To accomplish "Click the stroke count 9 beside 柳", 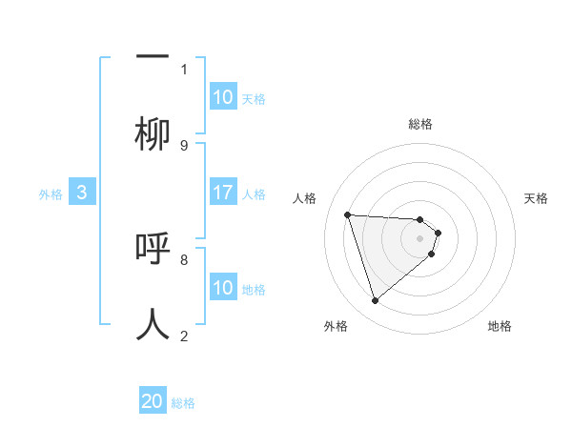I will pyautogui.click(x=184, y=145).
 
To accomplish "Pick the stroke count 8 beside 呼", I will pyautogui.click(x=184, y=258).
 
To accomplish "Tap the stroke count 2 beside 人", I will pyautogui.click(x=184, y=336).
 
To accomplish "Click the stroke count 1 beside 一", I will pyautogui.click(x=184, y=69).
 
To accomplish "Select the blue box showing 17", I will pyautogui.click(x=223, y=193).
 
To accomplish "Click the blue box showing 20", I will pyautogui.click(x=153, y=401).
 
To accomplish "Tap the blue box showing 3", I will pyautogui.click(x=82, y=193).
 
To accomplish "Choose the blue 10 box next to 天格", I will pyautogui.click(x=223, y=97).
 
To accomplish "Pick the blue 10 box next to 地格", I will pyautogui.click(x=223, y=288).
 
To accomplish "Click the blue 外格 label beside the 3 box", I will pyautogui.click(x=51, y=193).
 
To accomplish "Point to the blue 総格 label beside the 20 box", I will pyautogui.click(x=183, y=403).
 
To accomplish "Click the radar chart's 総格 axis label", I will pyautogui.click(x=419, y=124).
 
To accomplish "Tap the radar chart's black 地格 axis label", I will pyautogui.click(x=500, y=326).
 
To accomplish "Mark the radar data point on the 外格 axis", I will pyautogui.click(x=375, y=301).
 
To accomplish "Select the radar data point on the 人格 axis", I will pyautogui.click(x=347, y=214).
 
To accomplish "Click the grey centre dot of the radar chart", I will pyautogui.click(x=419, y=237).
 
